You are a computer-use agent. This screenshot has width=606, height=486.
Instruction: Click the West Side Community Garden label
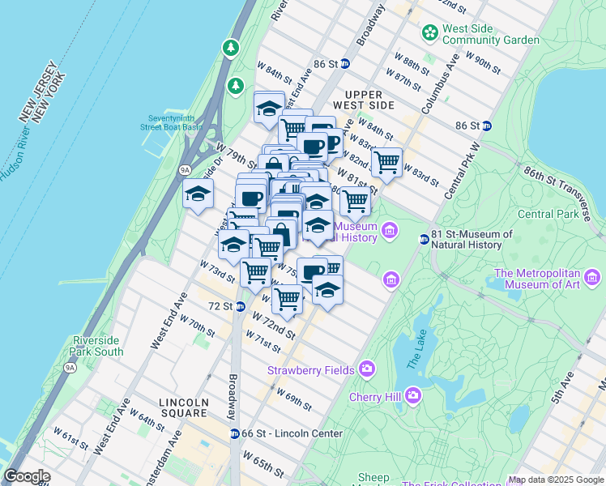tap(490, 34)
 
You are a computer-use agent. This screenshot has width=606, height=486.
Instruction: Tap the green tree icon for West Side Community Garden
tap(429, 33)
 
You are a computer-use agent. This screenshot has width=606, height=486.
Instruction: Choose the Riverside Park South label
tap(98, 346)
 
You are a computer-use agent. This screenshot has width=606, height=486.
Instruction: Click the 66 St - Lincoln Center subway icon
tap(234, 433)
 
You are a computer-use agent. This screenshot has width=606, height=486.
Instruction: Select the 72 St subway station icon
tap(241, 306)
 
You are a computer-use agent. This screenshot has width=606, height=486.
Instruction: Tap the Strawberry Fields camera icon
tap(366, 370)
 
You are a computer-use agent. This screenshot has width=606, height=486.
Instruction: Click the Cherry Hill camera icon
tap(413, 397)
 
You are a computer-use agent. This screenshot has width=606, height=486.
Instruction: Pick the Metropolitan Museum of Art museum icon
tap(592, 279)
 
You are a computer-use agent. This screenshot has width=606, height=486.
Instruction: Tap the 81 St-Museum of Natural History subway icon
tap(424, 240)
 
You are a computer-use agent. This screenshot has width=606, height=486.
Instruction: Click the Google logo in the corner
tap(27, 476)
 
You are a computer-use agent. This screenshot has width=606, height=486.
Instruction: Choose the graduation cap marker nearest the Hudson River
tap(198, 194)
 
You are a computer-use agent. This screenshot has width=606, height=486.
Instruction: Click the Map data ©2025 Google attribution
tap(555, 480)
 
